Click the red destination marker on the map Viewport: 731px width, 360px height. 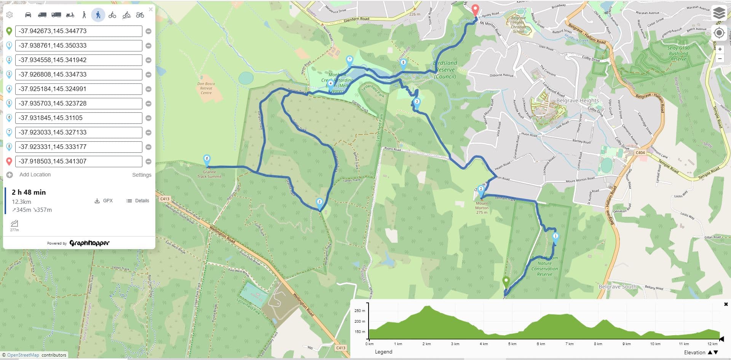click(475, 10)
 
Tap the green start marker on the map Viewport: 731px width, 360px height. click(506, 282)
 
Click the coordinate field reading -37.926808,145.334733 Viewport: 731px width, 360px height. click(78, 75)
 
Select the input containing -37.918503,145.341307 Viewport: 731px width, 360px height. click(78, 162)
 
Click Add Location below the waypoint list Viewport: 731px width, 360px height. click(35, 175)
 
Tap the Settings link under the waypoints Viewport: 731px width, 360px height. click(142, 175)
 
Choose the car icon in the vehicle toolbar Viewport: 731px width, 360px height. click(28, 15)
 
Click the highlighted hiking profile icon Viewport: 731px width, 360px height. click(98, 15)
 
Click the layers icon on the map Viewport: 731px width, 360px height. click(719, 13)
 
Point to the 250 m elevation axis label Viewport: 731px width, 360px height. click(360, 311)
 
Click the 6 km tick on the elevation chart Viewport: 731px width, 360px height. click(541, 344)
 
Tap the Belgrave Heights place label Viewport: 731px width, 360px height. click(578, 101)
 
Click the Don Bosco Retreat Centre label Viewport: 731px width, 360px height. click(206, 88)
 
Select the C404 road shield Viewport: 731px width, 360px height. click(640, 153)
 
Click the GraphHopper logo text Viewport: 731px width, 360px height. click(89, 243)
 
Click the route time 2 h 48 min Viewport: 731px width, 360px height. click(29, 192)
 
